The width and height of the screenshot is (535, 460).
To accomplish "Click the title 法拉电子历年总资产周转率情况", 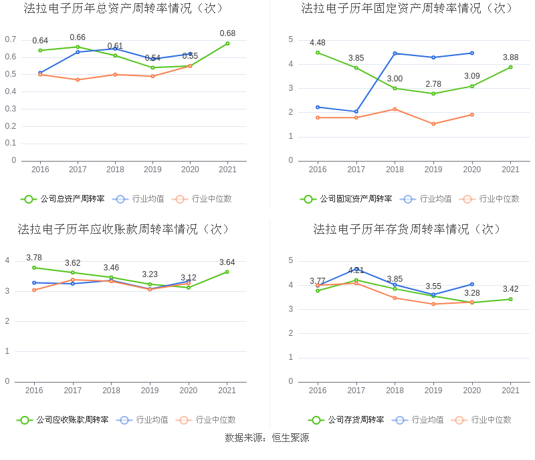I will [124, 9].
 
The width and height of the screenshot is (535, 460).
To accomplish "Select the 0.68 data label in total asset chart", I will [227, 33].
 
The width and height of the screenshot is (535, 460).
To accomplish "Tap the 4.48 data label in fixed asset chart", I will [318, 43].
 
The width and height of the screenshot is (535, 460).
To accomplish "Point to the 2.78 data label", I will [433, 83].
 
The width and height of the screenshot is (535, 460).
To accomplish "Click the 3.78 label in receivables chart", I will [34, 258].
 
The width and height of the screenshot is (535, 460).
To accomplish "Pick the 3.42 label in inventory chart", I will [510, 289].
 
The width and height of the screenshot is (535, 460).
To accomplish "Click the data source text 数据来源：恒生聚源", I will [267, 438].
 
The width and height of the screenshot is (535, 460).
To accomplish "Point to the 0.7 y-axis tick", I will [11, 39].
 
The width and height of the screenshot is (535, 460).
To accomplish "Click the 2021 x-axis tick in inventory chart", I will [510, 391].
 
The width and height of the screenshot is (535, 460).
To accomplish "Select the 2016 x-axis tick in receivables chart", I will [34, 391].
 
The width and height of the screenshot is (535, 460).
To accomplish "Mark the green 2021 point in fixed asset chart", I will [510, 67].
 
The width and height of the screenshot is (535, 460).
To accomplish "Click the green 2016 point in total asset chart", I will [40, 50].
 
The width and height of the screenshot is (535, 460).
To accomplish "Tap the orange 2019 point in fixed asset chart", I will [433, 124].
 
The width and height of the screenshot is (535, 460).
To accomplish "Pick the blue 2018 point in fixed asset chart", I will [395, 53].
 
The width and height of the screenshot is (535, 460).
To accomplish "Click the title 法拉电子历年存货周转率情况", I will [407, 230].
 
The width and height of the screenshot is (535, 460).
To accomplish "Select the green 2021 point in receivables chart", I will [227, 272].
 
